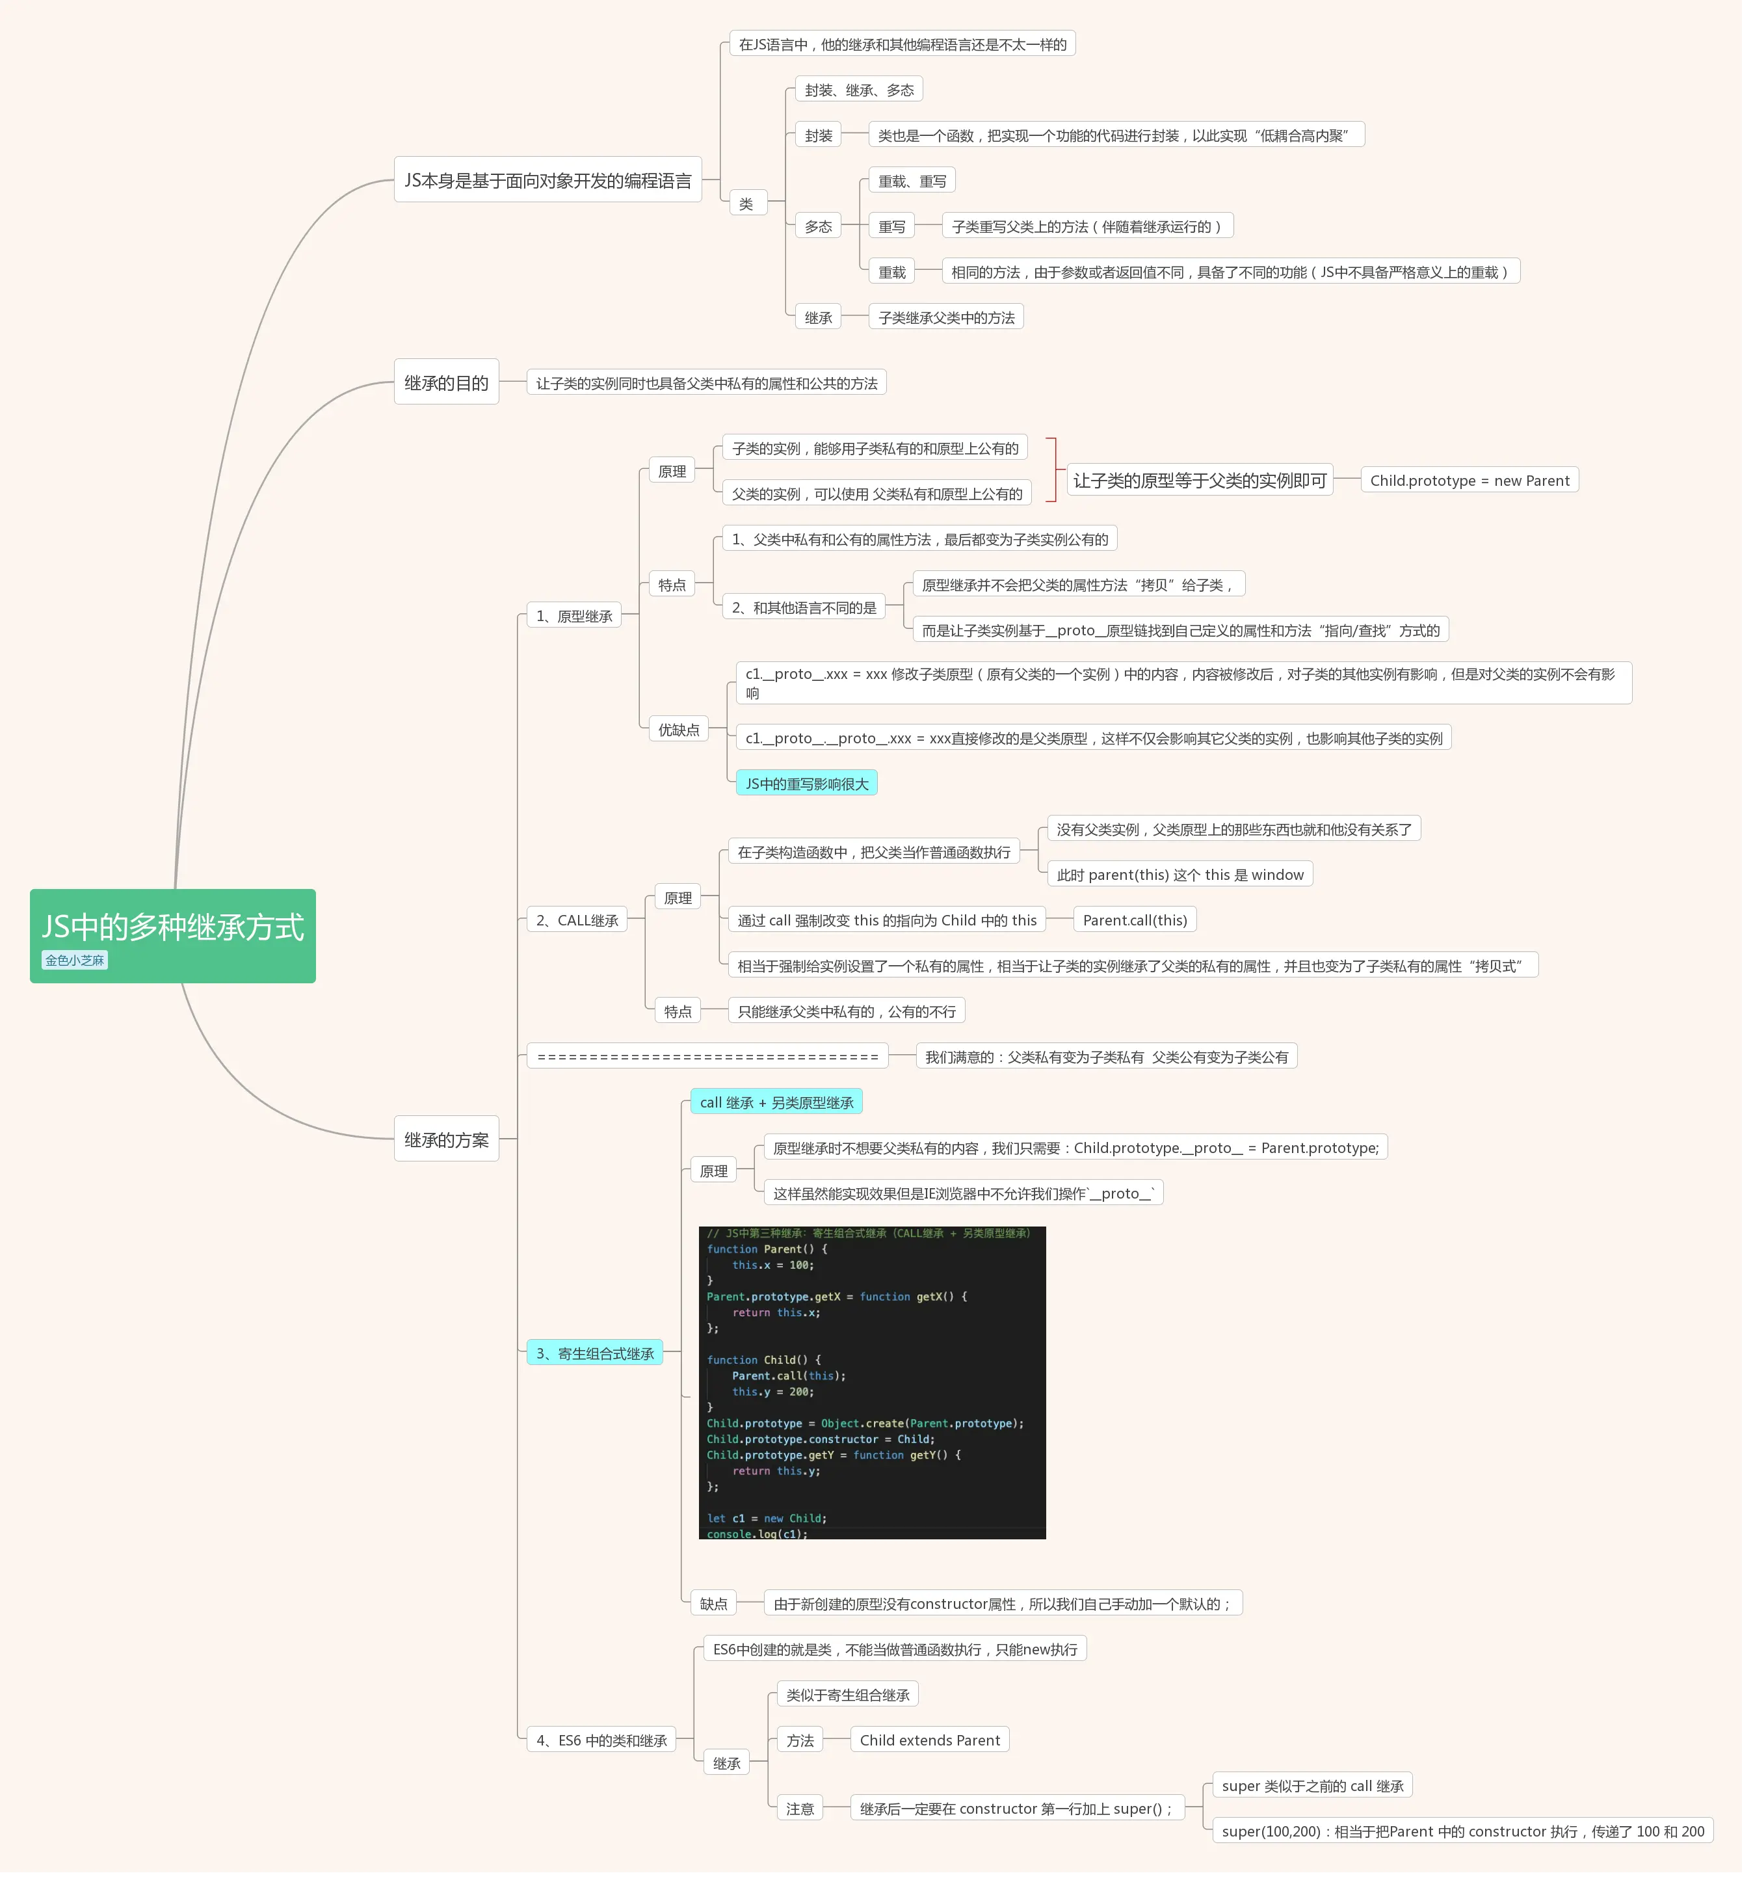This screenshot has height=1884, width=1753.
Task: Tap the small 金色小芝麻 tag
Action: click(x=75, y=960)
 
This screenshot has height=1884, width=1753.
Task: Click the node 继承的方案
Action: click(x=446, y=1139)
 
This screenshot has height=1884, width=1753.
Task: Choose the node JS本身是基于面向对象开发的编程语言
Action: click(x=547, y=180)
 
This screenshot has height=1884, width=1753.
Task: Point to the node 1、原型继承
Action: click(x=574, y=615)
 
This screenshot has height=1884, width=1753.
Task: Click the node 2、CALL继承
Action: click(x=577, y=920)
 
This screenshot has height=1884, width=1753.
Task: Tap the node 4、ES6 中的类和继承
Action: click(x=601, y=1739)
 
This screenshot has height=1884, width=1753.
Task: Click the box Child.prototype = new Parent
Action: click(x=1470, y=481)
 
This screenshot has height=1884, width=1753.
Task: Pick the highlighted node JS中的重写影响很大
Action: click(x=806, y=783)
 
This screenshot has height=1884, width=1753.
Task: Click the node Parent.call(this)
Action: click(x=1135, y=920)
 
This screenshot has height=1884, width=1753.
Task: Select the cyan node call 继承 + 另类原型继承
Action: click(x=776, y=1102)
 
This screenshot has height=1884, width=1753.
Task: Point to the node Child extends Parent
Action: click(x=930, y=1739)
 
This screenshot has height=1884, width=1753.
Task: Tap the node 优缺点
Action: click(x=678, y=729)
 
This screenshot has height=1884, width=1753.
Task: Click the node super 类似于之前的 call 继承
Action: click(x=1312, y=1784)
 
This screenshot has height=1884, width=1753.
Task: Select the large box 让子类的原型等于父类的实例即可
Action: click(x=1200, y=481)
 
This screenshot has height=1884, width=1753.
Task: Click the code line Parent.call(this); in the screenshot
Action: click(x=788, y=1375)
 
